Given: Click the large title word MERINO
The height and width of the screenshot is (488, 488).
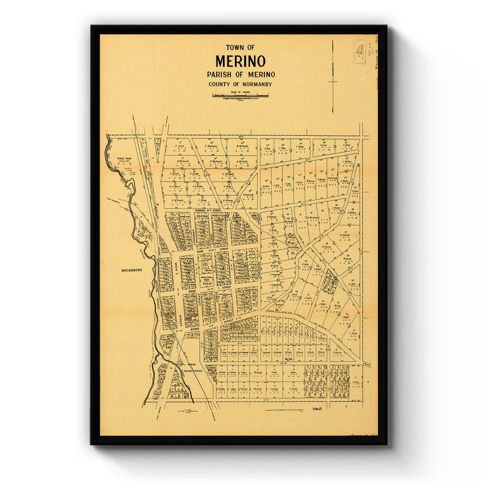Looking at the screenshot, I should (x=240, y=61).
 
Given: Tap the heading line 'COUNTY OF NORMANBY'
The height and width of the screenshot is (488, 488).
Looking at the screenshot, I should (x=240, y=84).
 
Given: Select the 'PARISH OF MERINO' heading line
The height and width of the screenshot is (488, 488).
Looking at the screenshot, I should (x=240, y=74).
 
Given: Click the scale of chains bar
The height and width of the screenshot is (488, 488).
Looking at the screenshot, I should (x=240, y=96).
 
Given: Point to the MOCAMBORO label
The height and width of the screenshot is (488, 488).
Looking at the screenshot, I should (x=132, y=270).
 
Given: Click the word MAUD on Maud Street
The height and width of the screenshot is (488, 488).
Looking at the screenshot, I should (x=192, y=291).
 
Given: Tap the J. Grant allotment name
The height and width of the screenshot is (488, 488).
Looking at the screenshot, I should (x=179, y=146).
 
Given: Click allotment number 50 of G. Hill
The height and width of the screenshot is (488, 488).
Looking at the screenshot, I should (x=352, y=280).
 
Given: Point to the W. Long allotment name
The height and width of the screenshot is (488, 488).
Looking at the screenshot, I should (x=337, y=306).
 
